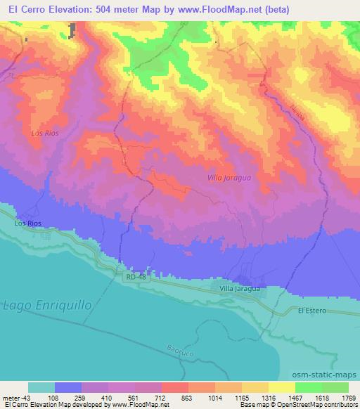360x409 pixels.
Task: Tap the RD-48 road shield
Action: (x=138, y=278)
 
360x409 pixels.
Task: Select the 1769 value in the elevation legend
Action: (x=338, y=398)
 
